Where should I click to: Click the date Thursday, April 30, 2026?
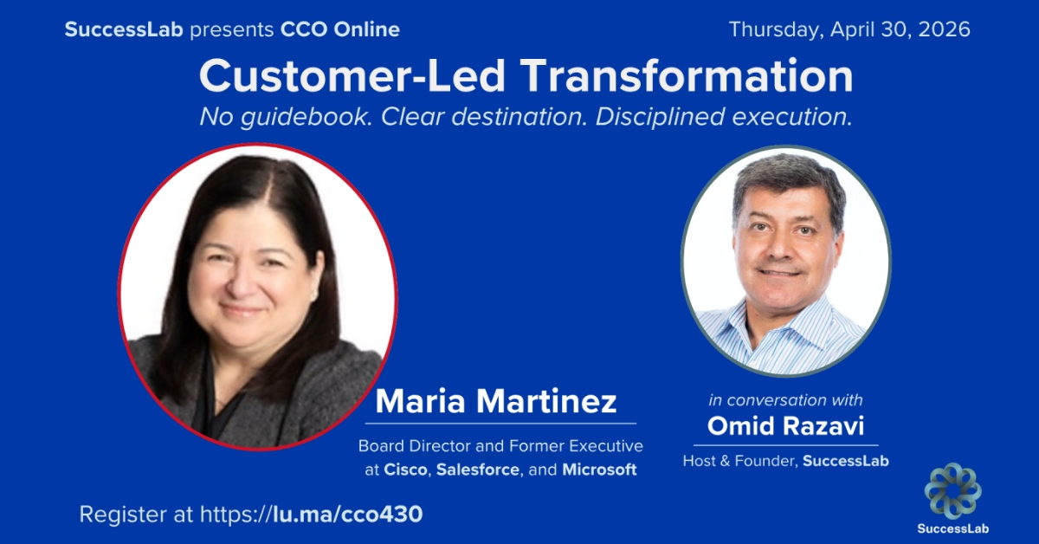pyautogui.click(x=849, y=29)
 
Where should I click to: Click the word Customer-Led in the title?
pyautogui.click(x=352, y=77)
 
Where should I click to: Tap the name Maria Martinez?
pyautogui.click(x=496, y=402)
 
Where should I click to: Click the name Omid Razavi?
pyautogui.click(x=785, y=426)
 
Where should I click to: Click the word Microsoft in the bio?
pyautogui.click(x=599, y=470)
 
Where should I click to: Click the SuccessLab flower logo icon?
pyautogui.click(x=952, y=491)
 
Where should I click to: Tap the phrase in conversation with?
pyautogui.click(x=785, y=400)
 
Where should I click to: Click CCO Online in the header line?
pyautogui.click(x=340, y=29)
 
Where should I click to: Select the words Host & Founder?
pyautogui.click(x=739, y=461)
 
